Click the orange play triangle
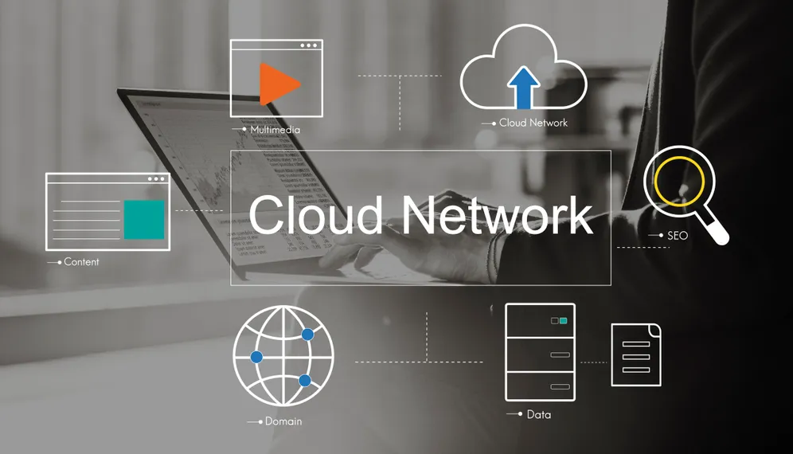coord(278,84)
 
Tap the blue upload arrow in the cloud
coord(523,88)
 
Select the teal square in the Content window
coord(144,219)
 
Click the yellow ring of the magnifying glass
coord(655,181)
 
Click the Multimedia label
coord(275,130)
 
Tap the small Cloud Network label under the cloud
coord(533,123)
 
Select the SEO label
coord(678,235)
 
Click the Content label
coord(81,262)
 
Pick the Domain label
coord(283,421)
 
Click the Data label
coord(538,414)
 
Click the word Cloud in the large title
coord(315,214)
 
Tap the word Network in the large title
coord(497,214)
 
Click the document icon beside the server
coord(636,354)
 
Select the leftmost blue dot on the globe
coord(256,358)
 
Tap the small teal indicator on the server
coord(564,321)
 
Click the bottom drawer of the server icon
coord(540,386)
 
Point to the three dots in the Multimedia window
coord(308,45)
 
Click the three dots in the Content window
coord(156,178)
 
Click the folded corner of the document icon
coord(655,330)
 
